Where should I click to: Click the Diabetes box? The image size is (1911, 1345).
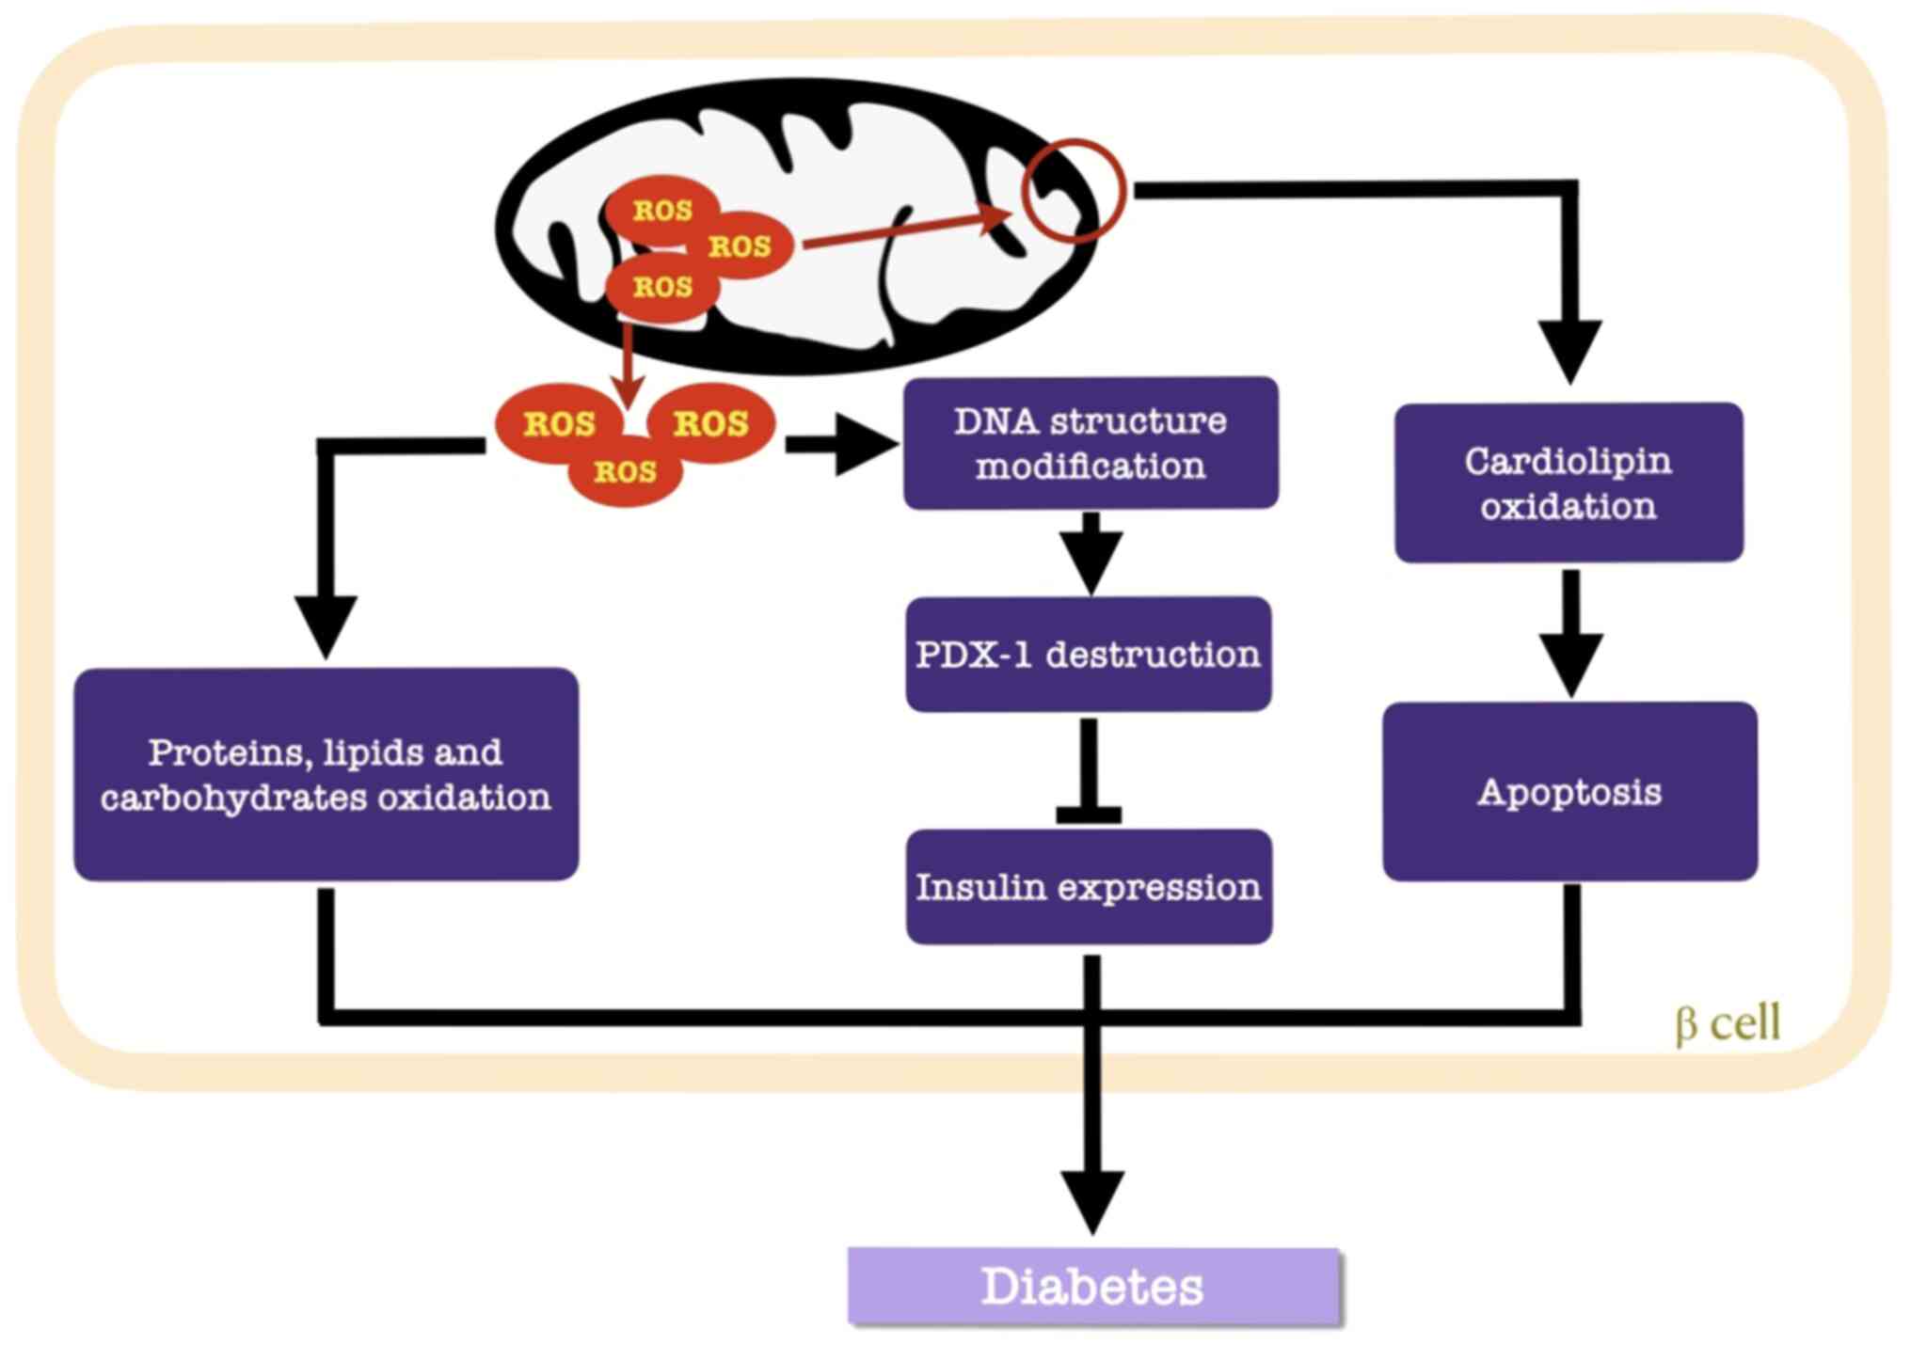1092,1286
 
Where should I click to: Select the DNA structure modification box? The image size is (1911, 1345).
1090,443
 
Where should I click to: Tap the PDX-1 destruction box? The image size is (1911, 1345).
1088,654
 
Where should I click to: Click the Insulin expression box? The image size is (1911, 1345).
1088,887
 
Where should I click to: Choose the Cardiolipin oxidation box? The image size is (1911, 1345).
1568,483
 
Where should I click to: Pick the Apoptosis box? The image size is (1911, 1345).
1569,791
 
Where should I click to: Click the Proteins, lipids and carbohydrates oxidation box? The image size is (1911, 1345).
326,774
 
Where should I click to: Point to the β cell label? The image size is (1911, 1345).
1728,1022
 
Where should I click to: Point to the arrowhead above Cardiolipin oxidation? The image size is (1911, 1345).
1570,348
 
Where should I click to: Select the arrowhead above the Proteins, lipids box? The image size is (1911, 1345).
326,623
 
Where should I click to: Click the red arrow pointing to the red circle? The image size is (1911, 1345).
903,229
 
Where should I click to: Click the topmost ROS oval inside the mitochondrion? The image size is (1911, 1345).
662,210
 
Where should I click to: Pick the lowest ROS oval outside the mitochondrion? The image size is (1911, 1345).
625,471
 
